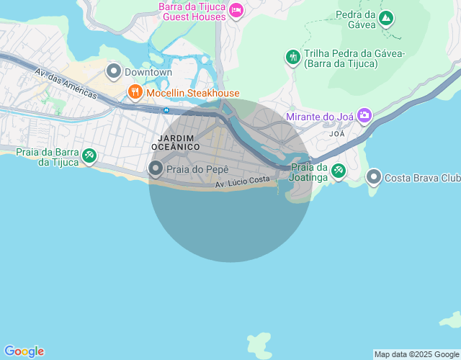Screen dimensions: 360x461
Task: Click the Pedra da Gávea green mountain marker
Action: [386, 17]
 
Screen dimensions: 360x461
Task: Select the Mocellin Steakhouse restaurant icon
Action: [135, 92]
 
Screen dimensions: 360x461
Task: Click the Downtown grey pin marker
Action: [114, 71]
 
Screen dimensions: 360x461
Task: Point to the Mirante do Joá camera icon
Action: [364, 114]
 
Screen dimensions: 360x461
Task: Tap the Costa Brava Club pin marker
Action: [374, 176]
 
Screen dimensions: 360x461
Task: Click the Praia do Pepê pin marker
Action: [156, 168]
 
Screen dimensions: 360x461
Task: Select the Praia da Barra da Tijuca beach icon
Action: [89, 154]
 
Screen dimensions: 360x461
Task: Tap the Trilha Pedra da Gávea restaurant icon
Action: [292, 56]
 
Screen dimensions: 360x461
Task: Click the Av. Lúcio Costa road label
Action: [242, 184]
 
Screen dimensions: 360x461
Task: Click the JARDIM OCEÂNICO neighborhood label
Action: [176, 141]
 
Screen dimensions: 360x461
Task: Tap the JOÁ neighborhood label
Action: [336, 134]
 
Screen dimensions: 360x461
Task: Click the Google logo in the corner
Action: [24, 351]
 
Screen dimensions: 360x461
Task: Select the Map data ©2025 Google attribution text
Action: [416, 354]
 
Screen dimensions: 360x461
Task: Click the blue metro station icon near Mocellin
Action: [166, 110]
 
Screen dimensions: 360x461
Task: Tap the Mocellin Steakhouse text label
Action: [193, 93]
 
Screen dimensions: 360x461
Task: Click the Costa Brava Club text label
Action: [421, 178]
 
